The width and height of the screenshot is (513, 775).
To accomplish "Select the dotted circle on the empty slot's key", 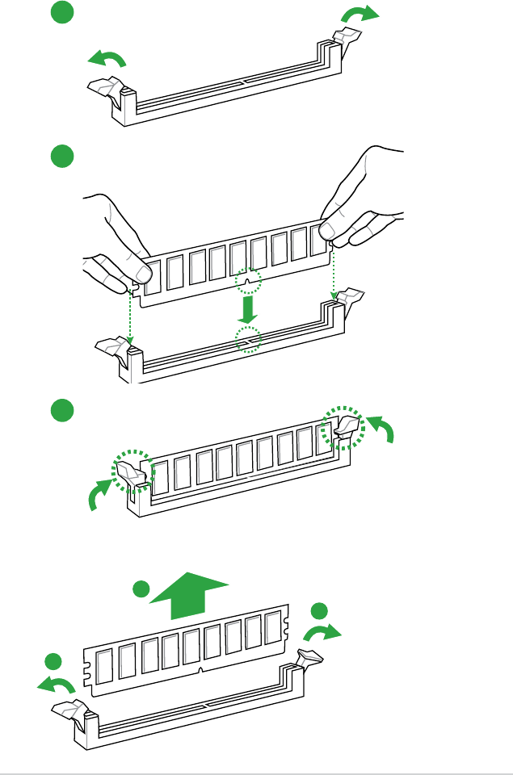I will coord(249,340).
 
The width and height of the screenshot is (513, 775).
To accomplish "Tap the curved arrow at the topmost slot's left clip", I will coord(107,58).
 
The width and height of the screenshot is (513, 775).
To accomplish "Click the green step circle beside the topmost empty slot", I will coord(61,13).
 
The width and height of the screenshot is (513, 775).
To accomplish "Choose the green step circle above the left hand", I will coord(61,156).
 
